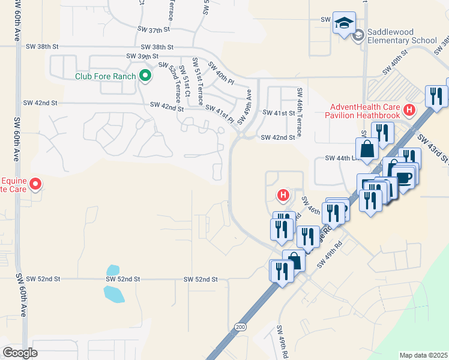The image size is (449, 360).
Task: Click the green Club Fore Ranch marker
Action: [x=144, y=76]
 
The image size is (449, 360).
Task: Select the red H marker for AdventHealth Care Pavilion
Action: [x=409, y=110]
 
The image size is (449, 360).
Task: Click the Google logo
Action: [x=20, y=353]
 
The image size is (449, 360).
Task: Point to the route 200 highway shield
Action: [x=241, y=326]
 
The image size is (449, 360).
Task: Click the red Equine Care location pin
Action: [x=35, y=184]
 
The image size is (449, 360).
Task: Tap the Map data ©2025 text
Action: [x=423, y=355]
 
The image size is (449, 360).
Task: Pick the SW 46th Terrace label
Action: [x=298, y=106]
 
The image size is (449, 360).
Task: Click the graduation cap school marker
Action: [x=344, y=23]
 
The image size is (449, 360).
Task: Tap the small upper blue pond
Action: [x=112, y=271]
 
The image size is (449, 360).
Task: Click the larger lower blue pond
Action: [x=114, y=294]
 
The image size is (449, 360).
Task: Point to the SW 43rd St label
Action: [x=439, y=150]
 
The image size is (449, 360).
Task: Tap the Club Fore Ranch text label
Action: [x=106, y=76]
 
